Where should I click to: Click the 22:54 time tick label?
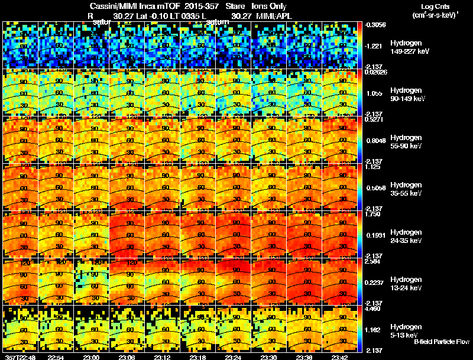pos(56,356)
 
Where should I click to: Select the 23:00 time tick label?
pos(91,356)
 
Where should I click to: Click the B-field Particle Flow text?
pos(441,341)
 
